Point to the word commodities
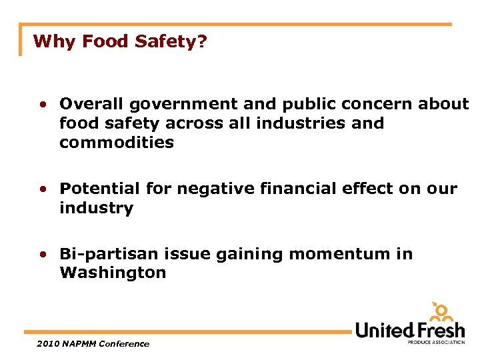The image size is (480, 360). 117,142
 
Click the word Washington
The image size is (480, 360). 113,273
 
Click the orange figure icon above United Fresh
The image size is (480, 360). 441,311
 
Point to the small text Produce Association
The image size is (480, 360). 437,342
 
